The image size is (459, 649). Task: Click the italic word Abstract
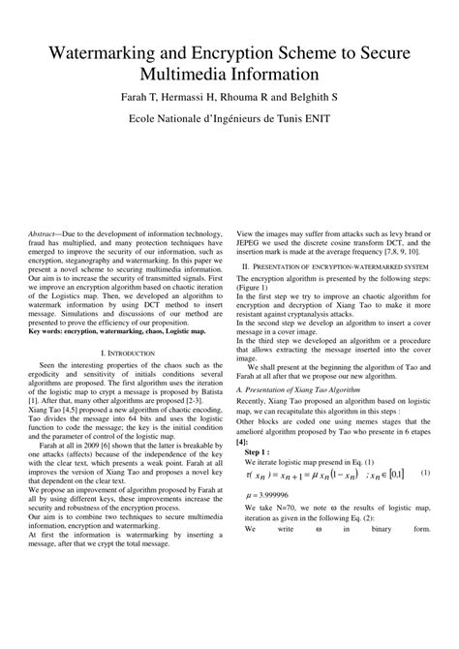coord(44,235)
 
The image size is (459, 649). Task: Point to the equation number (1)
coord(424,473)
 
